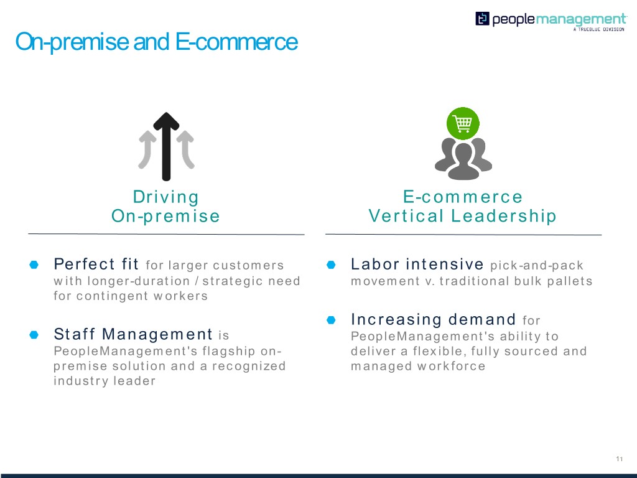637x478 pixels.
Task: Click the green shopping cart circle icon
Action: (463, 123)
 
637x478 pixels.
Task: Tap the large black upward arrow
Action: (166, 146)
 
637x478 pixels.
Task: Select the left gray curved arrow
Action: (147, 149)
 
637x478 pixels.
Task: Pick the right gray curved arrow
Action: (185, 149)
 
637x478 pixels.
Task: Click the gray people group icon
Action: (463, 159)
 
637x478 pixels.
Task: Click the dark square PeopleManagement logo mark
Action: (482, 19)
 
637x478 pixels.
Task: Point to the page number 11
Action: (619, 459)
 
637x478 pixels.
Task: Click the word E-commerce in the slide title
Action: (236, 42)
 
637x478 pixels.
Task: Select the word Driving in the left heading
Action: (165, 197)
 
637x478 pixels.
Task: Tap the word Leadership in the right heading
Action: (504, 215)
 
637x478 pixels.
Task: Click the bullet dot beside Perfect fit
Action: (34, 265)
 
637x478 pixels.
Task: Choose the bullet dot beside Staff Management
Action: (34, 335)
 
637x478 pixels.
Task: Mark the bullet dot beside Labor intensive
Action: (331, 265)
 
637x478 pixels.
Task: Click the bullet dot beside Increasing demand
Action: (331, 321)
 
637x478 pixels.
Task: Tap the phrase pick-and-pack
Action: (537, 266)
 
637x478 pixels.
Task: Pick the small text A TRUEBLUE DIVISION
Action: (598, 29)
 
